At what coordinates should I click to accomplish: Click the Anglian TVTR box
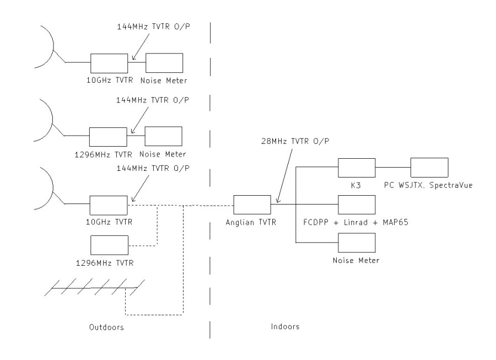pos(251,203)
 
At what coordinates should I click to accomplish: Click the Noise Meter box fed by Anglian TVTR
pos(356,242)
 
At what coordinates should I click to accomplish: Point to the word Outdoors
pos(106,327)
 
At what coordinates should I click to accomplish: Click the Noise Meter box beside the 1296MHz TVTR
pos(164,136)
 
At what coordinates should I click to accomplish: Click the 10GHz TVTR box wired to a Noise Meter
pos(109,62)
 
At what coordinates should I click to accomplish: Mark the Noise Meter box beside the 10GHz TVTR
pos(164,62)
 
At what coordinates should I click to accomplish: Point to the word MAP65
pos(400,223)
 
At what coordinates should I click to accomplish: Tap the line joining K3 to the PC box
pos(392,167)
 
